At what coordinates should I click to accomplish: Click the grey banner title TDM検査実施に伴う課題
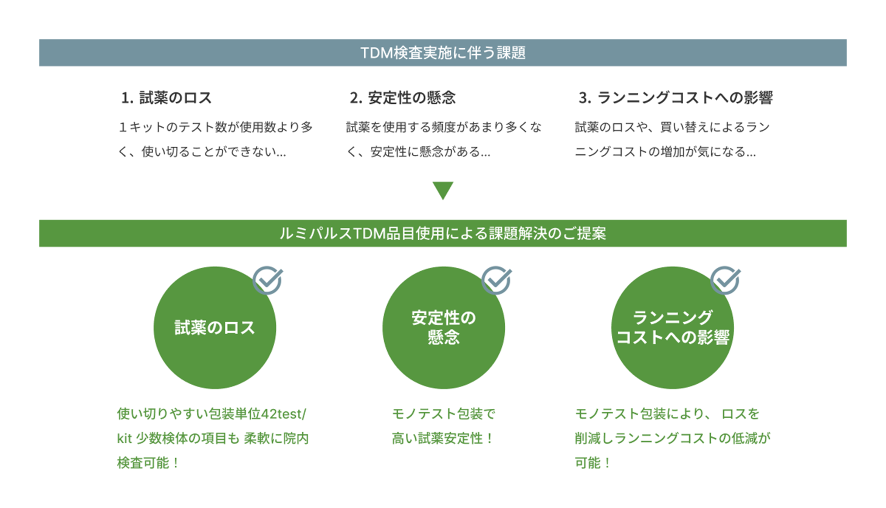click(x=443, y=53)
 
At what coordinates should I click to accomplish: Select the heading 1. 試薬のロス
click(x=166, y=98)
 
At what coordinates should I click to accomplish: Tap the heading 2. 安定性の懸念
click(x=403, y=98)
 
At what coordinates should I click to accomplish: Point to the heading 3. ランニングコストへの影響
click(x=676, y=98)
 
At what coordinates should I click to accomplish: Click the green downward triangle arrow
click(x=443, y=189)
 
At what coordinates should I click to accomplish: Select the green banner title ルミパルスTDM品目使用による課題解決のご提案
click(x=443, y=233)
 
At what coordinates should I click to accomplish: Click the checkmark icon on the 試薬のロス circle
click(x=268, y=280)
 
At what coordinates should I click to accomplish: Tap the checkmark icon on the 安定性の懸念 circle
click(x=497, y=280)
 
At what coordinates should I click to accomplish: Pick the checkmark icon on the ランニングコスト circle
click(x=726, y=280)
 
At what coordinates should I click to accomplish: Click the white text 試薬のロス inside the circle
click(x=214, y=328)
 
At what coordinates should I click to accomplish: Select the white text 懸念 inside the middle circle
click(x=443, y=337)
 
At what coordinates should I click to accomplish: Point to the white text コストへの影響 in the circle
click(x=673, y=337)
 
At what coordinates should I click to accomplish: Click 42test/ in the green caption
click(x=284, y=414)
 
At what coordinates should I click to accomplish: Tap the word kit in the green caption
click(x=124, y=439)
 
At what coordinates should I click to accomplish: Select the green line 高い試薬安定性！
click(x=443, y=439)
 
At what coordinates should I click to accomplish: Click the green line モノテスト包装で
click(x=443, y=414)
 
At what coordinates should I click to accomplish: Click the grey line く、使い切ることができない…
click(x=202, y=152)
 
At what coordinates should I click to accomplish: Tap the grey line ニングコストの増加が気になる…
click(x=666, y=152)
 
